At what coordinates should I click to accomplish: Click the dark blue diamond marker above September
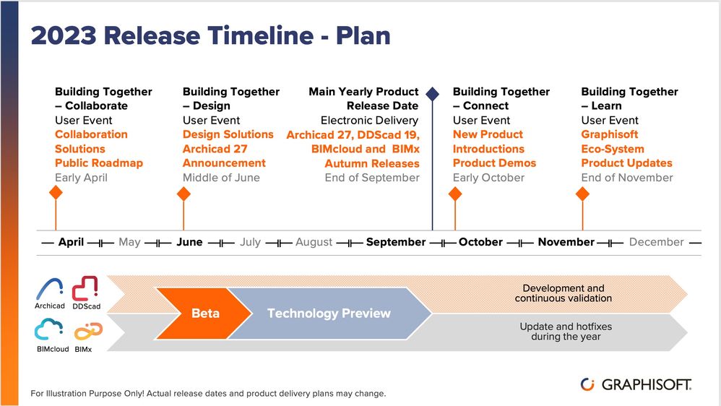tap(432, 94)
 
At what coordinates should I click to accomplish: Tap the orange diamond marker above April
tap(56, 193)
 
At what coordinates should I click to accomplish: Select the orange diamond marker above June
tap(184, 194)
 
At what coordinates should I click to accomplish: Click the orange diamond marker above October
tap(455, 194)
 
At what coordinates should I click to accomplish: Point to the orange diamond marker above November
tap(582, 194)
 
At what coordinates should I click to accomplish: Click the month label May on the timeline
tap(129, 242)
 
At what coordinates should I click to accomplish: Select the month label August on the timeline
tap(314, 242)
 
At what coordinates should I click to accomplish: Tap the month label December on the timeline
tap(656, 242)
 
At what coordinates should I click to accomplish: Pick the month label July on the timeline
tap(250, 242)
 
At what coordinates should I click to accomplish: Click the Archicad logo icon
tap(50, 289)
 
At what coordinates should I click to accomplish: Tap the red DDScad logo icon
tap(85, 289)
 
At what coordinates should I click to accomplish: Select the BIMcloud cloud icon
tap(48, 329)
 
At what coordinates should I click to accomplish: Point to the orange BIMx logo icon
tap(88, 331)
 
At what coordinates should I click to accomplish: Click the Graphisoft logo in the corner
tap(636, 384)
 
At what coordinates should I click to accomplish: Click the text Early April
tap(81, 178)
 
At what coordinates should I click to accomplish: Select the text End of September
tap(372, 178)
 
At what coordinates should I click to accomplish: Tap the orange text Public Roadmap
tap(99, 163)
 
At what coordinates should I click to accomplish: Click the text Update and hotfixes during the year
tap(566, 332)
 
